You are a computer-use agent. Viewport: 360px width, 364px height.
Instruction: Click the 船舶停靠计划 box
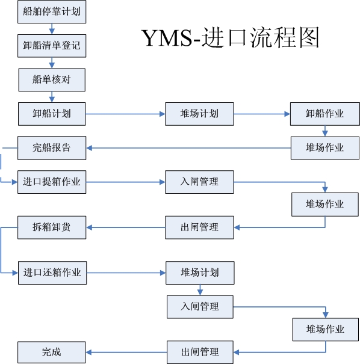coord(52,11)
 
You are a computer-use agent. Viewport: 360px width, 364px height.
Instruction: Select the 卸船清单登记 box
coord(52,46)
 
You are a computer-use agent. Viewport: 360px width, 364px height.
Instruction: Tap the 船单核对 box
coord(52,79)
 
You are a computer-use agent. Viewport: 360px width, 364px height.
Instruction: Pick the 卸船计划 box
coord(52,114)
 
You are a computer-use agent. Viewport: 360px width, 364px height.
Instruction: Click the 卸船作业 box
coord(325,114)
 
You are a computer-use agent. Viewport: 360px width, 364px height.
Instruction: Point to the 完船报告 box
coord(52,148)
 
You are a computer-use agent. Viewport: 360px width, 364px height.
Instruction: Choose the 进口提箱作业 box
coord(52,182)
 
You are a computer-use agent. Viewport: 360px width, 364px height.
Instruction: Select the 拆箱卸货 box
coord(52,227)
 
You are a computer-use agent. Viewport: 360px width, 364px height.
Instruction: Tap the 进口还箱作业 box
coord(52,273)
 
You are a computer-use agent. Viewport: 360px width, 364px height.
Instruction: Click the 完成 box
coord(52,353)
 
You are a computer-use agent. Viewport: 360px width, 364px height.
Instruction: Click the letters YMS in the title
coord(167,38)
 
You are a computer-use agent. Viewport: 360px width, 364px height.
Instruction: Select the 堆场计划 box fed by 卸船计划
coord(199,114)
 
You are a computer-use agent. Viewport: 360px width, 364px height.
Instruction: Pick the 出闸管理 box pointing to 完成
coord(200,352)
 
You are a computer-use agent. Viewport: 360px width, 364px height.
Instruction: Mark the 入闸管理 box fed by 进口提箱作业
coord(199,182)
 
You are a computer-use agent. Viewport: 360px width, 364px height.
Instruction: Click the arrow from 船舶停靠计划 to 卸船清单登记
coord(52,29)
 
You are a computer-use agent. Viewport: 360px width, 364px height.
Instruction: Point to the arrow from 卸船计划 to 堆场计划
coord(125,114)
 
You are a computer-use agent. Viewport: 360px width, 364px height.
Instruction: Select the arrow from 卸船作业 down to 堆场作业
coord(325,131)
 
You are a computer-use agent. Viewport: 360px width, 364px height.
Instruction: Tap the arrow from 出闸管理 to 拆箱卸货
coord(126,227)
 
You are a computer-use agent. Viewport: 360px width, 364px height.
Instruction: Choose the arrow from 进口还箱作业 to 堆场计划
coord(126,273)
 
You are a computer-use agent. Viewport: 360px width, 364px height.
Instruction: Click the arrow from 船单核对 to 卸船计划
coord(52,97)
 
